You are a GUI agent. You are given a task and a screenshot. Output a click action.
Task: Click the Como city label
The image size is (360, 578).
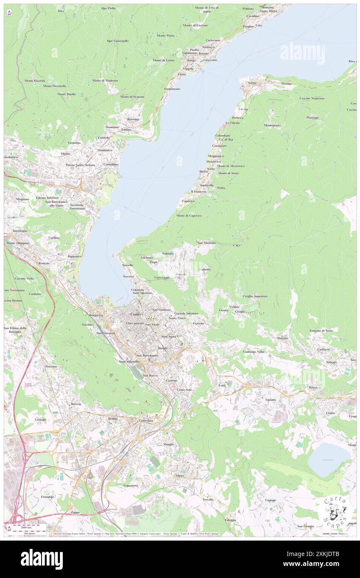pyautogui.click(x=136, y=314)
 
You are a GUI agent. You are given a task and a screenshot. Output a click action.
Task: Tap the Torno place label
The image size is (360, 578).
pyautogui.click(x=252, y=83)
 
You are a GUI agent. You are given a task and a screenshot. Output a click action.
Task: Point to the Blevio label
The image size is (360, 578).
pyautogui.click(x=204, y=171)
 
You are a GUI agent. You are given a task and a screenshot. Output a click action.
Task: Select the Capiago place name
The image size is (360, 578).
pyautogui.click(x=270, y=500)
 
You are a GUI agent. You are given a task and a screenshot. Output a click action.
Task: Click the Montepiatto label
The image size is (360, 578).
pyautogui.click(x=272, y=125)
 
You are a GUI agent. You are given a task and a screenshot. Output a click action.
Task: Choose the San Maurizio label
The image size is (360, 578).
pyautogui.click(x=206, y=242)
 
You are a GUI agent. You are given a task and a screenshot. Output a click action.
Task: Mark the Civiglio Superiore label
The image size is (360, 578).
pyautogui.click(x=255, y=296)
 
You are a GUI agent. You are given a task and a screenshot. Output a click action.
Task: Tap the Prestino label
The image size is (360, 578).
pyautogui.click(x=51, y=366)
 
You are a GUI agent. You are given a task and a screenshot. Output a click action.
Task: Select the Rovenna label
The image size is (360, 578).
pyautogui.click(x=133, y=119)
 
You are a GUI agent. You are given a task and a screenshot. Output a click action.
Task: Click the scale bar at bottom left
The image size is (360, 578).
pyautogui.click(x=29, y=526)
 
